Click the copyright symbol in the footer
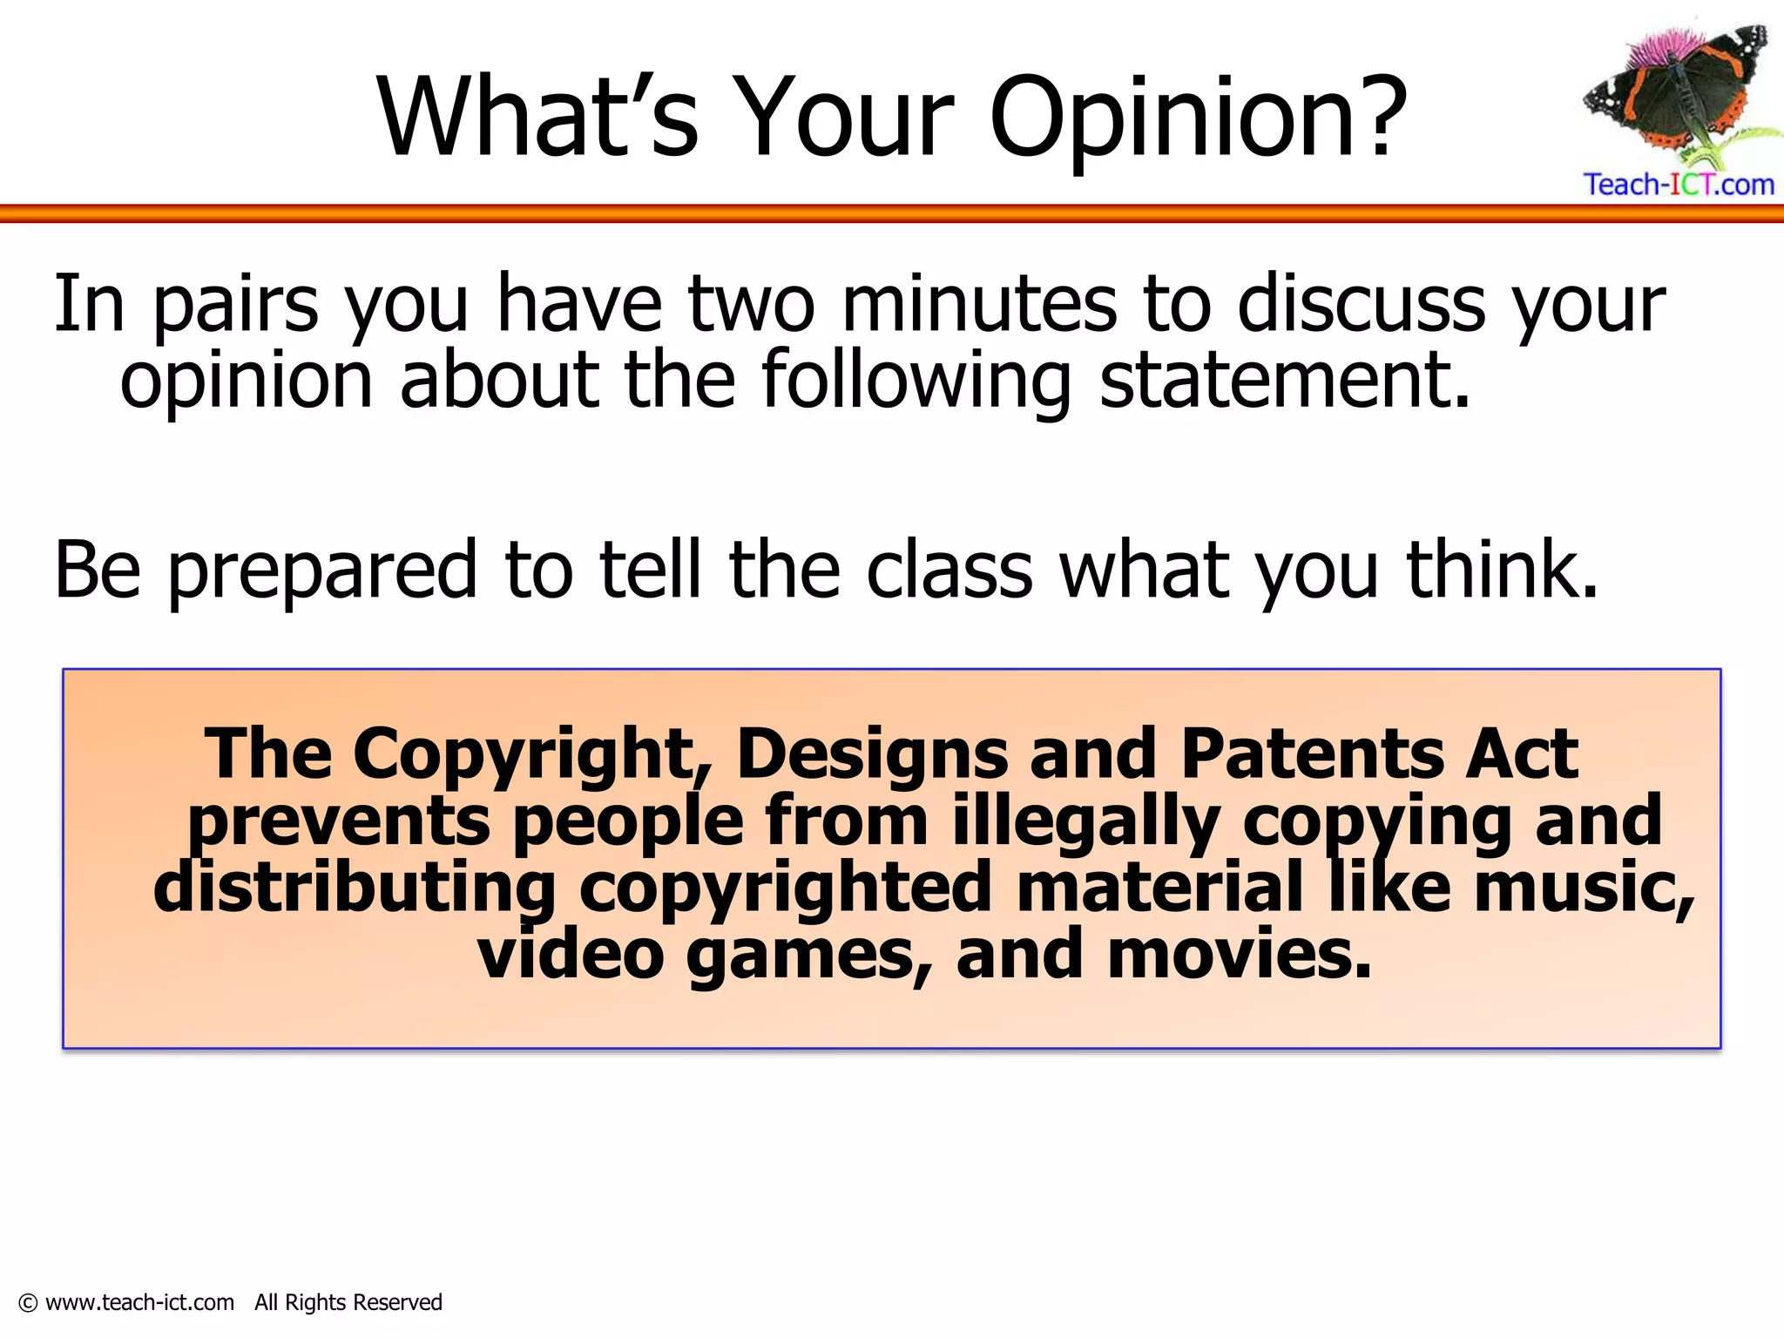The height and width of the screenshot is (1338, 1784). (28, 1303)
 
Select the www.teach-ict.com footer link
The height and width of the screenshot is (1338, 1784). (139, 1302)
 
